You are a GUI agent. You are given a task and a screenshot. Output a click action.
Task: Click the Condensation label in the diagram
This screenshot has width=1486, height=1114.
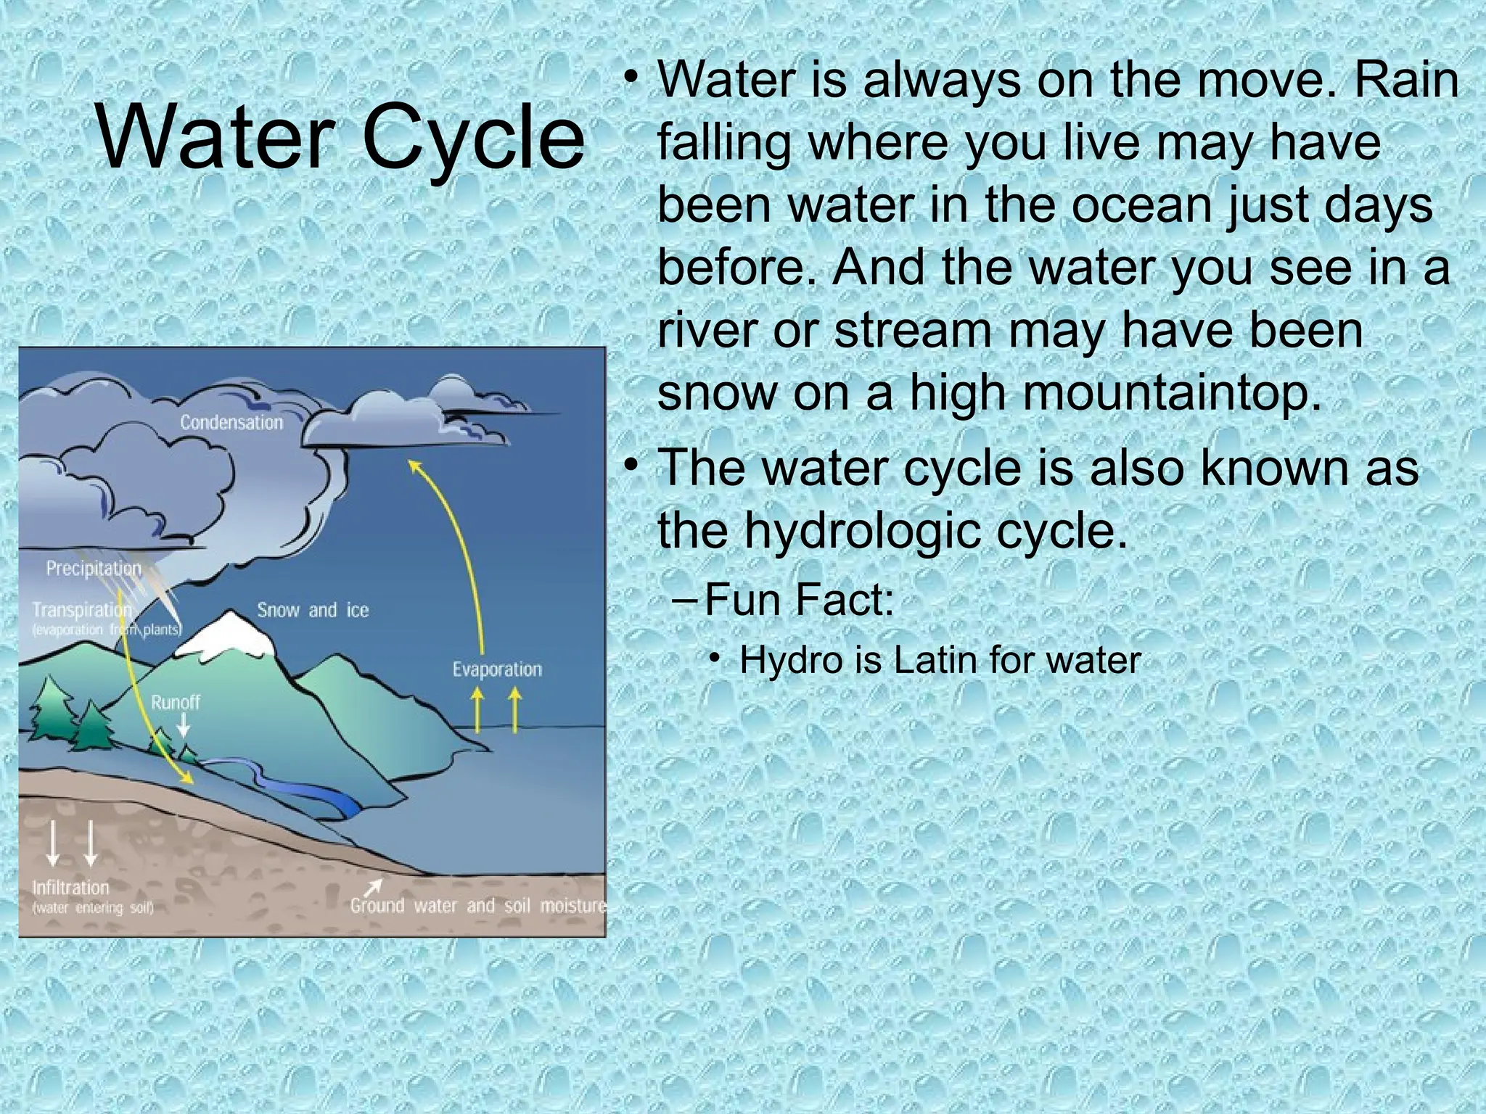coord(231,422)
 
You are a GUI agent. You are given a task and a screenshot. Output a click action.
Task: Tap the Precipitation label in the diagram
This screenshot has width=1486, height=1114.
coord(94,569)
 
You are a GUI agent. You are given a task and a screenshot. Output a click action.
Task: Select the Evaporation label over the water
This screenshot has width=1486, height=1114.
coord(497,669)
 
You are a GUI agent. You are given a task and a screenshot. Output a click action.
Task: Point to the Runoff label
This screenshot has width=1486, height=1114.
coord(175,702)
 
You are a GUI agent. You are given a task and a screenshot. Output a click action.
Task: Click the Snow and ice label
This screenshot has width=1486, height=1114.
coord(313,610)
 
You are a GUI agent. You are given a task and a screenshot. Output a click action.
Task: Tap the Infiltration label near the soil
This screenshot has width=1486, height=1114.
coord(70,888)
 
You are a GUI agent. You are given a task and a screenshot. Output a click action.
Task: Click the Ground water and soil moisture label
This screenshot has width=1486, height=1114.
coord(477,905)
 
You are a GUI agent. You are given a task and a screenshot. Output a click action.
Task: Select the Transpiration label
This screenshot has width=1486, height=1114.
coord(81,611)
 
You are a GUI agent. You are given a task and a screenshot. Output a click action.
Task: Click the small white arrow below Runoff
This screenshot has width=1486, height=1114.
coord(184,725)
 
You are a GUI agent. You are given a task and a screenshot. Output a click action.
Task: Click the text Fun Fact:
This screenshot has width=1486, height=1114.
coord(799,600)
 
